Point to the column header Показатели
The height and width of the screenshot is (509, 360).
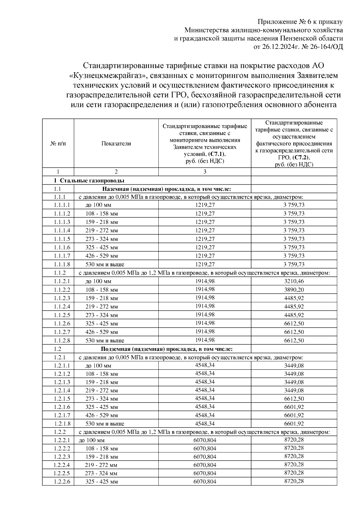116,144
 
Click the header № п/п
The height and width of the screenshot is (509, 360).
58,144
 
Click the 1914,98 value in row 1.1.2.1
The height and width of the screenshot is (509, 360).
205,281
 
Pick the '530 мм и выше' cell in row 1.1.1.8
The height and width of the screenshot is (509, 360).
105,264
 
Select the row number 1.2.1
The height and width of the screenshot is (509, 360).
60,358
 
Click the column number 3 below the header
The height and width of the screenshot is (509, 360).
205,172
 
